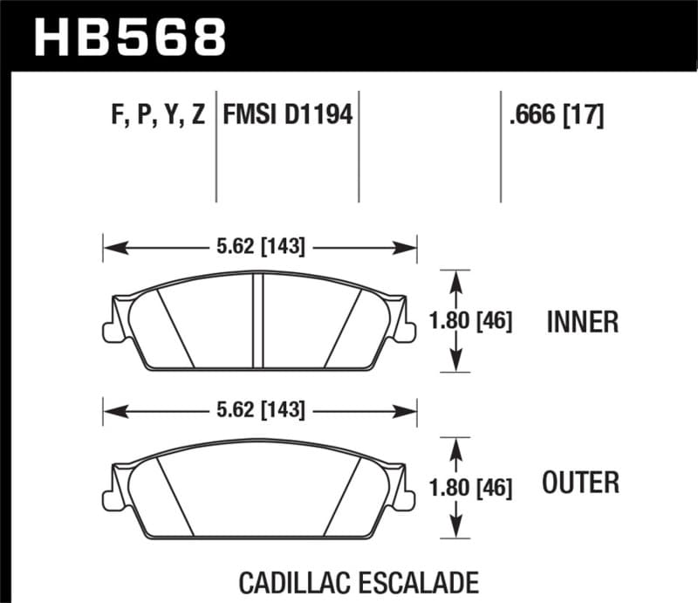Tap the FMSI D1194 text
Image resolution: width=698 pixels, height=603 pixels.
pos(288,114)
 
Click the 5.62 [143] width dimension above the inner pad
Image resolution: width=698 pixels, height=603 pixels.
pos(260,248)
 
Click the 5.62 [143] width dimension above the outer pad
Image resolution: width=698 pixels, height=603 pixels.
pos(260,409)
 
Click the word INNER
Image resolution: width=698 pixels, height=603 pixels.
pos(582,322)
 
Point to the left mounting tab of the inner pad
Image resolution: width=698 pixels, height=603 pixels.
pos(110,331)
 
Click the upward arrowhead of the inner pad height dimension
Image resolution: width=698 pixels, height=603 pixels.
pos(454,277)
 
